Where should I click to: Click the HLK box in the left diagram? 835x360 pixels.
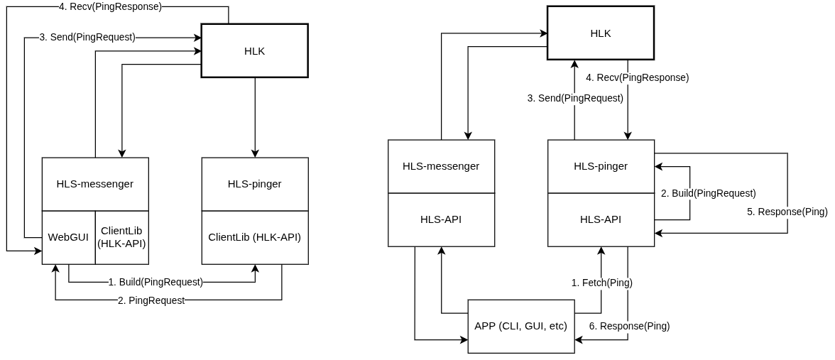coord(254,50)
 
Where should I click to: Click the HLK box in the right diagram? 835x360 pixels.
coord(600,33)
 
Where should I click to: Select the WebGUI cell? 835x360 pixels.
coord(68,237)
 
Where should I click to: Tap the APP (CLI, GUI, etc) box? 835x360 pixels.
coord(520,327)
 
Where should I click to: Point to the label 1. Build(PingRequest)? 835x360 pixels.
coord(155,283)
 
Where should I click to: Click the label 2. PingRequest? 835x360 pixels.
coord(151,300)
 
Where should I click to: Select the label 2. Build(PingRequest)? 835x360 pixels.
coord(708,193)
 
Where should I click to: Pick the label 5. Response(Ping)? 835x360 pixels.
coord(787,212)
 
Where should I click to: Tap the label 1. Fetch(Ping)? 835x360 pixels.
coord(601,283)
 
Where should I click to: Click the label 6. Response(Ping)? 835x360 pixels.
coord(629,326)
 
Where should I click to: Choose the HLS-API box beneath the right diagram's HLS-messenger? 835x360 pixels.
coord(441,219)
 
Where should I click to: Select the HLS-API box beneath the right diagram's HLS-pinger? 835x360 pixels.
coord(601,219)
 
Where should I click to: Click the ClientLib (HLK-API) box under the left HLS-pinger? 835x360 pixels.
coord(254,237)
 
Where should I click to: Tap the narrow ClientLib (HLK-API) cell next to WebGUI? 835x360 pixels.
coord(121,237)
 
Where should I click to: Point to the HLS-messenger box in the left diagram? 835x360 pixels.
coord(95,184)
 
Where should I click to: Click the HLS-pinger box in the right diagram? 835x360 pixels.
coord(601,166)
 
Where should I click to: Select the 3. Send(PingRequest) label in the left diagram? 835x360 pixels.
coord(87,37)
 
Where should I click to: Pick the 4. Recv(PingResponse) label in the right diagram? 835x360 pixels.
coord(637,77)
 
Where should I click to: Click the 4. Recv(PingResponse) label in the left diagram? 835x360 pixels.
coord(110,6)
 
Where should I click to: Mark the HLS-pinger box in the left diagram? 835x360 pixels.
coord(254,184)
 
